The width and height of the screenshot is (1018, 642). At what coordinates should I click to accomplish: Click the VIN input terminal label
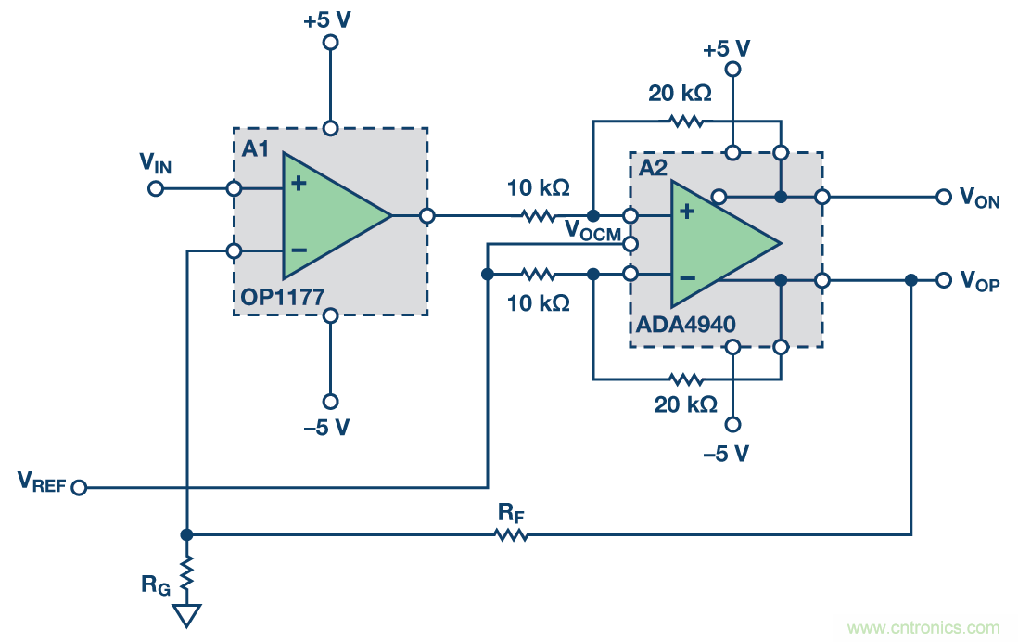point(156,164)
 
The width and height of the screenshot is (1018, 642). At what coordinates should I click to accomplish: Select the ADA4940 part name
point(686,325)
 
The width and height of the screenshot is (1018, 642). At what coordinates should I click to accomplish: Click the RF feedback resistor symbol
point(511,534)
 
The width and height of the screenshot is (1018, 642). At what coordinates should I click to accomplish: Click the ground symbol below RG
point(186,615)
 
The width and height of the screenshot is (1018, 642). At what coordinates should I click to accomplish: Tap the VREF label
point(42,481)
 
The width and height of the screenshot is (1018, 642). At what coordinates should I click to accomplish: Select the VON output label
point(979,198)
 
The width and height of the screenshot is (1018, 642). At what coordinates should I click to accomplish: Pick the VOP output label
point(979,281)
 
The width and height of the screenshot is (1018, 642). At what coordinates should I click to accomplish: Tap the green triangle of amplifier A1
point(329,216)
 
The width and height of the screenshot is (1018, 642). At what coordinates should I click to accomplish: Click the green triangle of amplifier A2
point(719,243)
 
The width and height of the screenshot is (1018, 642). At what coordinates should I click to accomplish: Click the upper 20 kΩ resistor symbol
point(687,121)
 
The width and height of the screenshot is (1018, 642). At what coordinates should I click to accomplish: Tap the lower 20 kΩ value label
point(686,404)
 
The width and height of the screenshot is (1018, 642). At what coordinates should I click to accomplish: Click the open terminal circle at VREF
point(79,487)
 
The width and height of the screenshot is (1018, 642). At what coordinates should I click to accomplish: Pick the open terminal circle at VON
point(943,197)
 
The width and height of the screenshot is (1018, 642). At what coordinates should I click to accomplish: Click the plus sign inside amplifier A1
point(298,184)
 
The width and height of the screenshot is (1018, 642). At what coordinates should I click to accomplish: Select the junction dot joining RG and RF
point(186,534)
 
